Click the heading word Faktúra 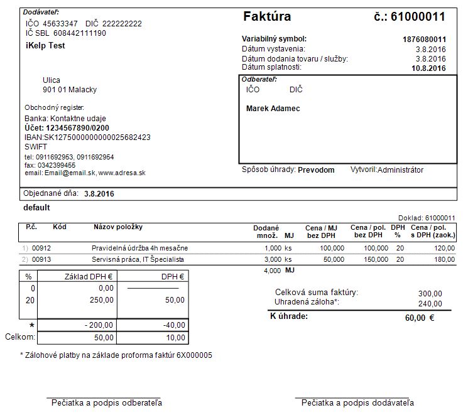[266, 17]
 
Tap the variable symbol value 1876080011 [424, 39]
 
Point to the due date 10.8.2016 [428, 68]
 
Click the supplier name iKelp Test [45, 46]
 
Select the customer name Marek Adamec [273, 109]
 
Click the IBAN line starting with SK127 [87, 137]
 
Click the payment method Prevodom [316, 170]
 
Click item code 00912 [41, 248]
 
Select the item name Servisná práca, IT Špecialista [138, 259]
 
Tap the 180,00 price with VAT [444, 259]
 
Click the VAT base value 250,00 [101, 300]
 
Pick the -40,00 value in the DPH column [173, 325]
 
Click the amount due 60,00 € [420, 318]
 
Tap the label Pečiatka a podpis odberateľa [107, 402]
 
